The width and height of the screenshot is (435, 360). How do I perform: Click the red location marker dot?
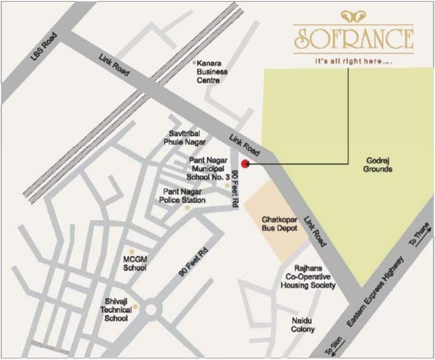pyautogui.click(x=245, y=164)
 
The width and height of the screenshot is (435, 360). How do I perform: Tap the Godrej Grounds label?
pyautogui.click(x=378, y=164)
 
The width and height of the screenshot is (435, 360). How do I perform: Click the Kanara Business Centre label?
pyautogui.click(x=212, y=71)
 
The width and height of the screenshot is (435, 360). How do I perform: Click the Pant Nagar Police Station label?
pyautogui.click(x=184, y=195)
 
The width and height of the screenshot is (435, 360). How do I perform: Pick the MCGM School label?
pyautogui.click(x=135, y=264)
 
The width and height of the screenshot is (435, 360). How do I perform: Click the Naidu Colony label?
pyautogui.click(x=303, y=325)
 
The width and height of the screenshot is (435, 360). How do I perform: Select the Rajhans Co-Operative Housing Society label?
pyautogui.click(x=308, y=277)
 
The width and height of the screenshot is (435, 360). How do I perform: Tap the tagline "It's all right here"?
pyautogui.click(x=353, y=61)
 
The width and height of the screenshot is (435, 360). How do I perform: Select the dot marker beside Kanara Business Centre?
pyautogui.click(x=194, y=62)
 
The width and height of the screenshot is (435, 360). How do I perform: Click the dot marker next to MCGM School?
pyautogui.click(x=132, y=251)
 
